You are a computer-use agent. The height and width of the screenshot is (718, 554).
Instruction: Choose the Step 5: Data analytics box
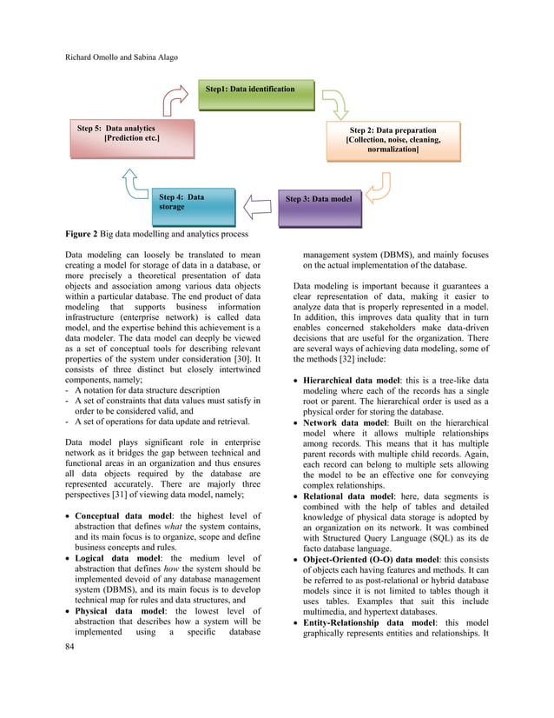(x=118, y=138)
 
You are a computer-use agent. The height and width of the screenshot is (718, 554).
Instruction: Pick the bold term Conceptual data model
(x=129, y=516)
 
